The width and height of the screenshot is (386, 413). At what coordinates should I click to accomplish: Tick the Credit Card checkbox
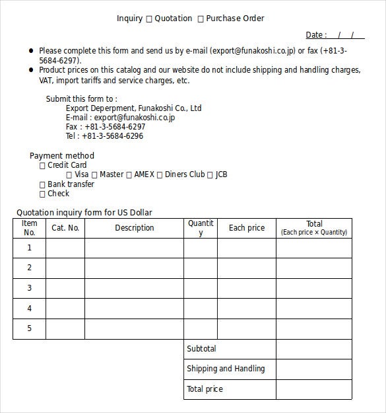coord(43,166)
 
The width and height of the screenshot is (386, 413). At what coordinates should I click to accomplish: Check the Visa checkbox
coord(69,175)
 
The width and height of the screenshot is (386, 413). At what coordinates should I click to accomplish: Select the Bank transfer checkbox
coord(43,185)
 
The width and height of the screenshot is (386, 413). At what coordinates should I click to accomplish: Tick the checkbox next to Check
coord(43,194)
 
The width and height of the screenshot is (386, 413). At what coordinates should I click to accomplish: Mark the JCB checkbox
coord(210,175)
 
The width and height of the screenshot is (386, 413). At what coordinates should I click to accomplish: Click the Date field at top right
coord(346,35)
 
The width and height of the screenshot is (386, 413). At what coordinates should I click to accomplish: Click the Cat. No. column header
coord(65,228)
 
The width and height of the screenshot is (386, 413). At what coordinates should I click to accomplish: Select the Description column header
coord(134,228)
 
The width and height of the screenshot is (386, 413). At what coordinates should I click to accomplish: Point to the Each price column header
coord(246,228)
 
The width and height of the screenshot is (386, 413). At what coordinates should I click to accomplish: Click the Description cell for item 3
coord(134,288)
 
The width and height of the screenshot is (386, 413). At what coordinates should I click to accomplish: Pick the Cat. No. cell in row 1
coord(65,248)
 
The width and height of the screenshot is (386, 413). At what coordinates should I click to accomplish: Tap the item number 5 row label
coord(29,328)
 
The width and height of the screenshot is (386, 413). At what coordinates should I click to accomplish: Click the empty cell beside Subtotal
coord(313,349)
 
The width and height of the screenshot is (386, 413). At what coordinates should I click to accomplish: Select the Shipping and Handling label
coord(226,369)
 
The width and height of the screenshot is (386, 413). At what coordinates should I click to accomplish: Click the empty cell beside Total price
coord(313,389)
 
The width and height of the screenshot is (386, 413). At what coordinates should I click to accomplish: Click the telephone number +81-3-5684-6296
coord(113,136)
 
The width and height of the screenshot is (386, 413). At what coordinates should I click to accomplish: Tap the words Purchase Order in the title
coord(235,19)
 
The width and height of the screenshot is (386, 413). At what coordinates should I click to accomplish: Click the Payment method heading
coord(62,156)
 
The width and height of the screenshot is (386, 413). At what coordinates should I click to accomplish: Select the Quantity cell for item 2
coord(201,268)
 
